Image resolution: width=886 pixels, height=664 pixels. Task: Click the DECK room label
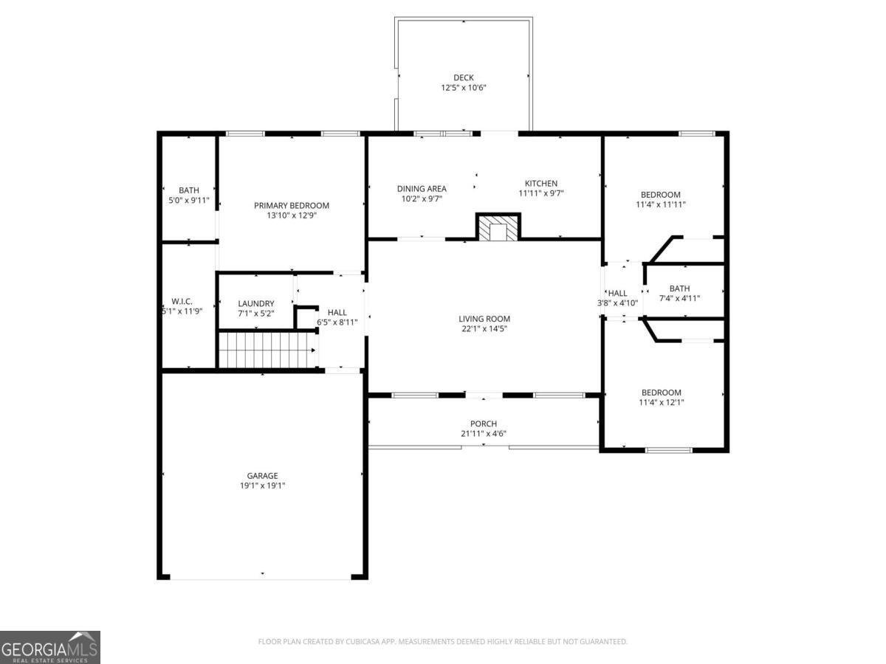[463, 77]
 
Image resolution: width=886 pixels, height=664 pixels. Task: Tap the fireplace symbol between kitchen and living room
[498, 229]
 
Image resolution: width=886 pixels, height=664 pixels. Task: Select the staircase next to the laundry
[267, 349]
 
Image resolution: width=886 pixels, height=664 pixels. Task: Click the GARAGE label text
[262, 476]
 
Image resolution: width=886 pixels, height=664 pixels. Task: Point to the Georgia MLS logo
[49, 647]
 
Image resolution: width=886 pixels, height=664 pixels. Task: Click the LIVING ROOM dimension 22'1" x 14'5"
[484, 329]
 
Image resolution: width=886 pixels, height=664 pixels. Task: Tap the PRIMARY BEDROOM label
[292, 206]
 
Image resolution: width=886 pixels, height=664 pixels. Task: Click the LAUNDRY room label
[256, 303]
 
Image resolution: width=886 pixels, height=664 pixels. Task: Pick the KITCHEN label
[540, 184]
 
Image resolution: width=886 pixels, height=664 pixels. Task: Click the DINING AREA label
[422, 189]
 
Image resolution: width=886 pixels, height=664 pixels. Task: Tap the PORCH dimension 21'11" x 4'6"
[484, 434]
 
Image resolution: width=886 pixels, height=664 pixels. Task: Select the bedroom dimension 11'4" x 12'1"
[661, 403]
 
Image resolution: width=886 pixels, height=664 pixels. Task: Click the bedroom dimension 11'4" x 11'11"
[661, 205]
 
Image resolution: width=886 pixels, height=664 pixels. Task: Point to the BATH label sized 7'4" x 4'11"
[679, 288]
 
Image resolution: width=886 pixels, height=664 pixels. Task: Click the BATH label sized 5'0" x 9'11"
[188, 190]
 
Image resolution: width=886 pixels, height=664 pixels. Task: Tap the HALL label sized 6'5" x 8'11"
[337, 313]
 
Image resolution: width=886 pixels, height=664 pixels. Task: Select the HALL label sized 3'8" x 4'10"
[617, 294]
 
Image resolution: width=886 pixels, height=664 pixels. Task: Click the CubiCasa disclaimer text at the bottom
[442, 642]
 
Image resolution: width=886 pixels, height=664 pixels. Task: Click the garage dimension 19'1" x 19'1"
[262, 486]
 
